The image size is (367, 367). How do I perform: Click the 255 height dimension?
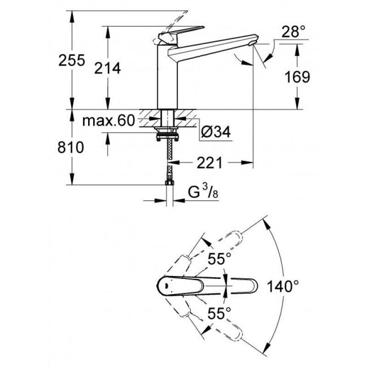(x=72, y=61)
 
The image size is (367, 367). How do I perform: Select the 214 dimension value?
(x=107, y=68)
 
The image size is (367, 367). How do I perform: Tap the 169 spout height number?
(x=297, y=77)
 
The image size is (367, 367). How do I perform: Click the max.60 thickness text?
(x=109, y=121)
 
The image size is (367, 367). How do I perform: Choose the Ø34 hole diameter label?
(x=216, y=132)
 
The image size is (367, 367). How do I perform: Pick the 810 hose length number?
(x=71, y=147)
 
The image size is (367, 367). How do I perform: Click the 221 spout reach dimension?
(x=209, y=163)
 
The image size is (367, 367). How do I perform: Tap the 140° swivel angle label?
(x=283, y=286)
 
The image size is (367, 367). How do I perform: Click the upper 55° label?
(x=220, y=259)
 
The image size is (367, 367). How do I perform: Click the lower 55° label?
(x=219, y=313)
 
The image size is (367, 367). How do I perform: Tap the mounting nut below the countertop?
(x=167, y=136)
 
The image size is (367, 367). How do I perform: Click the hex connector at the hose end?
(x=169, y=183)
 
